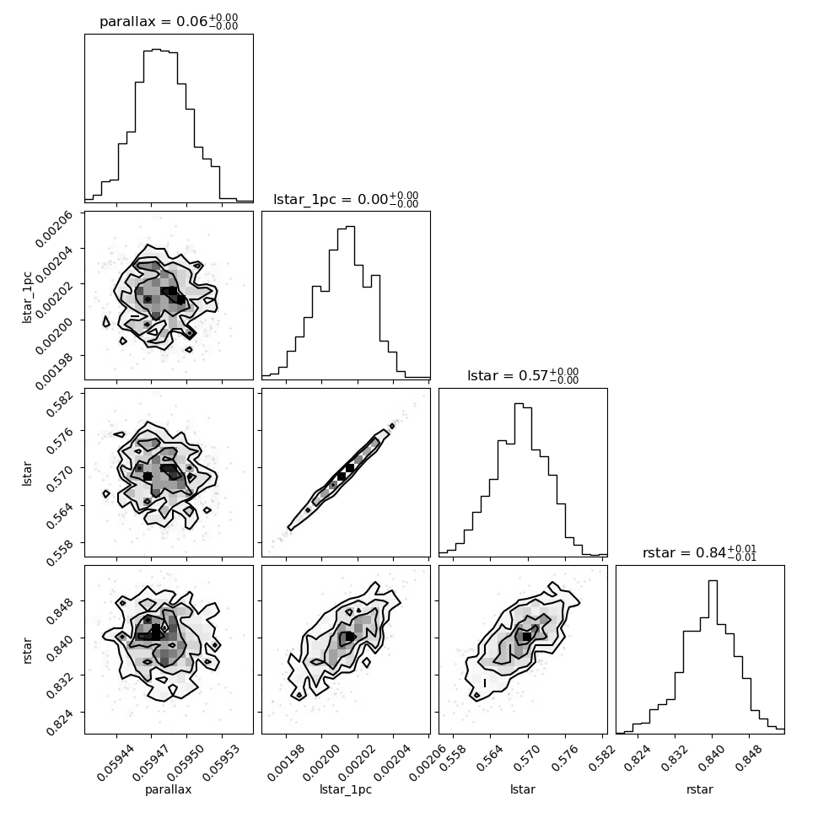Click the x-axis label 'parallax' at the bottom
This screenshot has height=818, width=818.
click(169, 790)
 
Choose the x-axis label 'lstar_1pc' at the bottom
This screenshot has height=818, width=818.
click(346, 789)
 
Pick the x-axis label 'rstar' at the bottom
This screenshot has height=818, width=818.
click(700, 790)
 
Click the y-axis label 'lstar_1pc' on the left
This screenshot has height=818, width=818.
click(27, 297)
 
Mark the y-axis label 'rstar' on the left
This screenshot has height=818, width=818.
click(27, 650)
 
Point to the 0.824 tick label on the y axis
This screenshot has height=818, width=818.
click(60, 722)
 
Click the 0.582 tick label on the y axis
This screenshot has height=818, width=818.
click(60, 403)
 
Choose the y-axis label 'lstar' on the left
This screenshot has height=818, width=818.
click(27, 474)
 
